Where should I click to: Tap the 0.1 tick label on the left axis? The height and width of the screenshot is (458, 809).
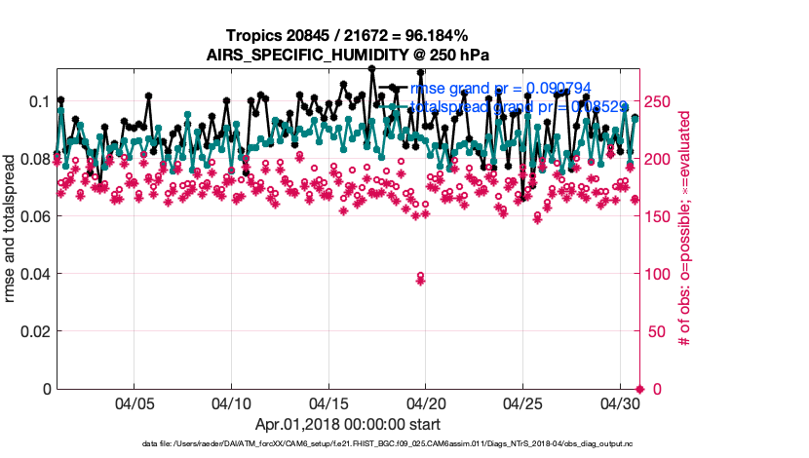(37, 101)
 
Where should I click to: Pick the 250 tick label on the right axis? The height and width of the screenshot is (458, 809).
(659, 101)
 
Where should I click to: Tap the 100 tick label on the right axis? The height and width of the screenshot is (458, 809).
(659, 274)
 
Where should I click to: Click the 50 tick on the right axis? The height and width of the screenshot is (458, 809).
(656, 331)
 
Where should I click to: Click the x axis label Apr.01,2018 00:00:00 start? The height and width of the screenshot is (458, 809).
(347, 424)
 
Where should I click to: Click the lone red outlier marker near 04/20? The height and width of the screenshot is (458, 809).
(421, 278)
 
